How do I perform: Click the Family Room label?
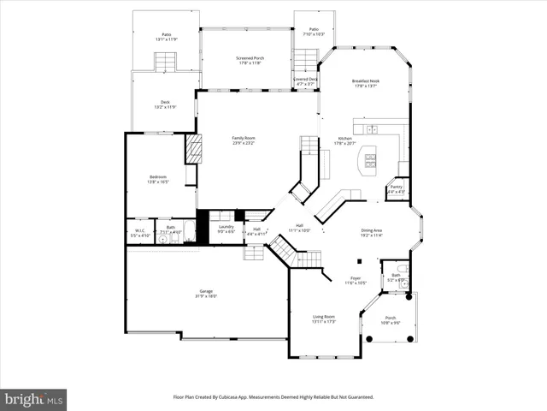pos(244,138)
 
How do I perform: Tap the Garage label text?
pos(207,291)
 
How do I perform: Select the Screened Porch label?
pos(250,58)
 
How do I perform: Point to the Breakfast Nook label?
pos(365,81)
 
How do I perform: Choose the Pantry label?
pos(396,187)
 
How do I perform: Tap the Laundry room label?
pos(226,227)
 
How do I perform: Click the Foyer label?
pos(356,278)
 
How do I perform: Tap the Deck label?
pos(165,102)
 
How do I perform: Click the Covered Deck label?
pos(305,79)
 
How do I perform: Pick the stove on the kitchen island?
pos(371,158)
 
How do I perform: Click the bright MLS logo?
pos(34,399)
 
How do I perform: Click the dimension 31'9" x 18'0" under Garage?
pos(207,296)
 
